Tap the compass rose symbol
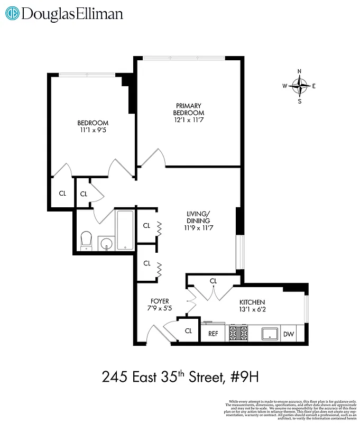[x=300, y=86]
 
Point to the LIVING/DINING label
[x=198, y=217]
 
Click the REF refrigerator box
[x=213, y=334]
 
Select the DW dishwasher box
[x=288, y=334]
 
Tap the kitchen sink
[x=271, y=334]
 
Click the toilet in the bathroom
[x=86, y=241]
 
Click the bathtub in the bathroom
[x=125, y=230]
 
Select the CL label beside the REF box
[x=188, y=331]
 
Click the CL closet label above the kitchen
[x=214, y=281]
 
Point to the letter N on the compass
[x=300, y=71]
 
